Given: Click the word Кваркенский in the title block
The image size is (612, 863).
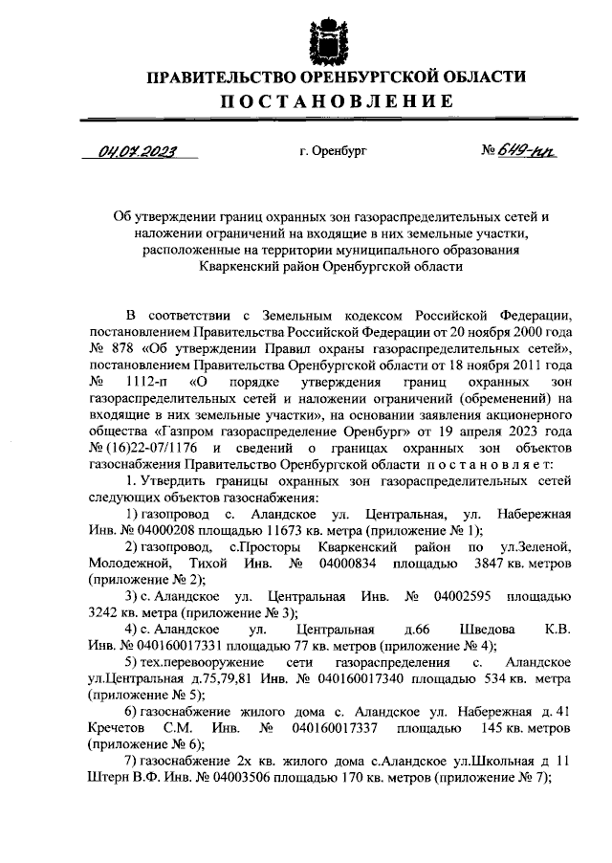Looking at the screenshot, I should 239,269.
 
